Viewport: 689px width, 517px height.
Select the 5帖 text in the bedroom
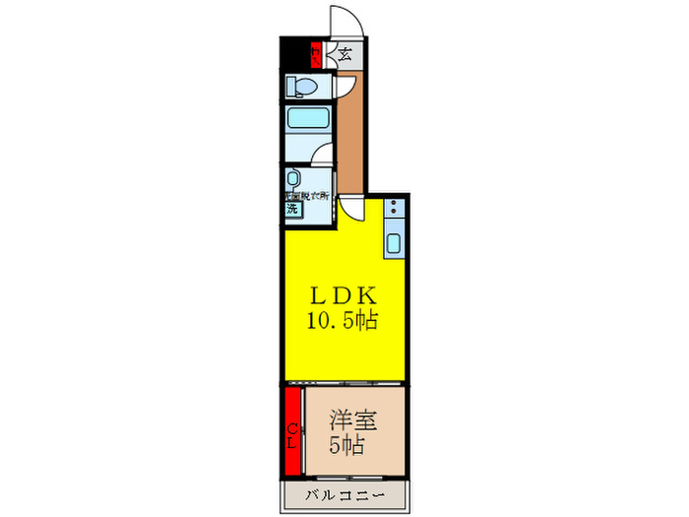(x=347, y=445)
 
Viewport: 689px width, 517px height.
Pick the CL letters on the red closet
(x=292, y=430)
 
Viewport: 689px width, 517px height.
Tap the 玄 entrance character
(x=345, y=55)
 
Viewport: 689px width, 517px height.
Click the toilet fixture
(x=302, y=87)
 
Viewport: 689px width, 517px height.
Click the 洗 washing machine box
(x=292, y=209)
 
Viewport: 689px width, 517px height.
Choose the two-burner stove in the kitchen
(x=394, y=209)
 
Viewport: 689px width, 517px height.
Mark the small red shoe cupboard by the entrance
(x=315, y=55)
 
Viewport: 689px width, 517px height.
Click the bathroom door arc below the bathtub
(x=324, y=158)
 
